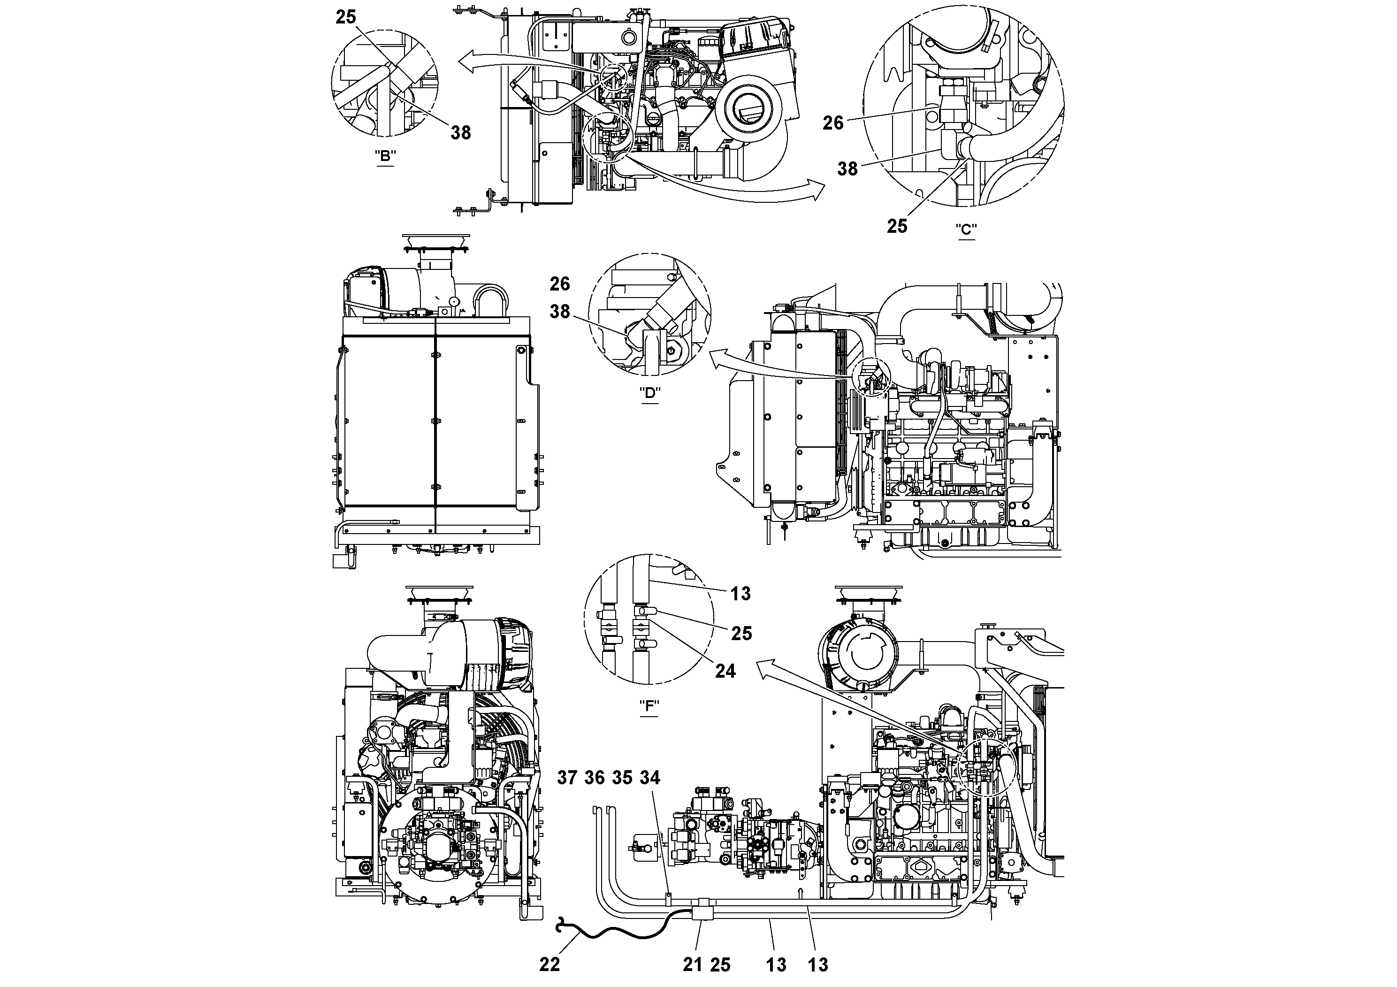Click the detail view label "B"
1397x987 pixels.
384,156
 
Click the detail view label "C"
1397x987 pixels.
966,230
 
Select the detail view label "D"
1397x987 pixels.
650,392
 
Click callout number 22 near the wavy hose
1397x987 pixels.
550,964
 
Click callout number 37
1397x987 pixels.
567,778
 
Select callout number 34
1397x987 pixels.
650,778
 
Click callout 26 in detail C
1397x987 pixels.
833,123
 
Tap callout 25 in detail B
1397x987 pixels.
345,17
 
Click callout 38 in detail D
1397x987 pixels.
560,312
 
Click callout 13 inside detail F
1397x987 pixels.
740,593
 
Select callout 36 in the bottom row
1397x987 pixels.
595,778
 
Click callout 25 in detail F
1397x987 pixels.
741,634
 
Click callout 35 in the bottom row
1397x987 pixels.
622,778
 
